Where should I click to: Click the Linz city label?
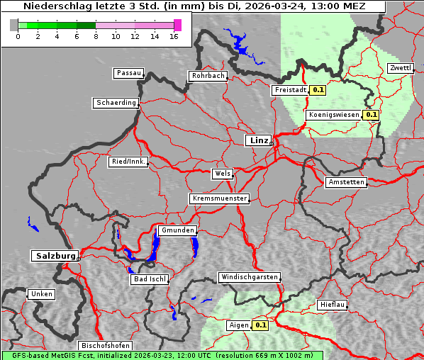click(258, 140)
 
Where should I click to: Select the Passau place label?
click(128, 73)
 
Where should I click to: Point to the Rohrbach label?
click(207, 76)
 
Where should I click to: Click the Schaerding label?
click(116, 103)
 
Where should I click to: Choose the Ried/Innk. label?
click(128, 162)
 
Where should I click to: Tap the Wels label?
click(221, 174)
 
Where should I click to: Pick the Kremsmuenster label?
click(219, 198)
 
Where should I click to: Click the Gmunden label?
click(177, 231)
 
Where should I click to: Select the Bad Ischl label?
click(150, 279)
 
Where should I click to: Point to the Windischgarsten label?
click(248, 277)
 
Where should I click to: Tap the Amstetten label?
click(346, 182)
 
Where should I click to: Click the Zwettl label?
click(400, 68)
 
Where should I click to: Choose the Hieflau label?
click(333, 305)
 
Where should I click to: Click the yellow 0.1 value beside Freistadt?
click(318, 90)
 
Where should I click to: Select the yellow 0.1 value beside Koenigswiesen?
click(372, 114)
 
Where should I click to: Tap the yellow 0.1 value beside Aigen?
click(260, 325)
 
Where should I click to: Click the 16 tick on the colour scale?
click(174, 36)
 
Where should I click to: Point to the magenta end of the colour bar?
click(177, 25)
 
